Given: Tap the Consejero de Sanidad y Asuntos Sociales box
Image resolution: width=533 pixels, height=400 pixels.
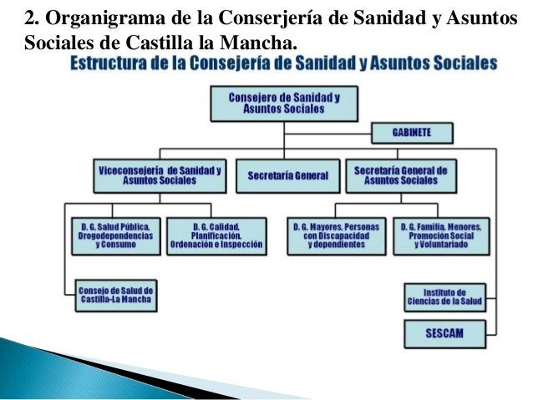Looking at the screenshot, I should point(284,104).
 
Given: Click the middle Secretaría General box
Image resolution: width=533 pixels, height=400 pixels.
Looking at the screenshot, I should point(287,176).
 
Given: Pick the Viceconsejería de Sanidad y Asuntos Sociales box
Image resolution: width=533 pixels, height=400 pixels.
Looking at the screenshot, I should point(160,175).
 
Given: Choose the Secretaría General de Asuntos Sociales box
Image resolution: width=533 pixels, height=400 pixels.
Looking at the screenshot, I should point(401,175).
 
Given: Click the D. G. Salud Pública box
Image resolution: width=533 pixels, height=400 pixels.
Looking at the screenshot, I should point(115,236).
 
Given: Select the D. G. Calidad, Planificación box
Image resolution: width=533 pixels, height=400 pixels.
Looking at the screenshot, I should point(216,236).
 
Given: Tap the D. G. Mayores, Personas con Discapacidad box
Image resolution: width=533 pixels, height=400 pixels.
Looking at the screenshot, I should point(335,236).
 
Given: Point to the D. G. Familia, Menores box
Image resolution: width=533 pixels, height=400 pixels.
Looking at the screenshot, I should point(444,236).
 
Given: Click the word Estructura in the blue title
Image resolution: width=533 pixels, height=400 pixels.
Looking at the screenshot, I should point(112,64).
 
